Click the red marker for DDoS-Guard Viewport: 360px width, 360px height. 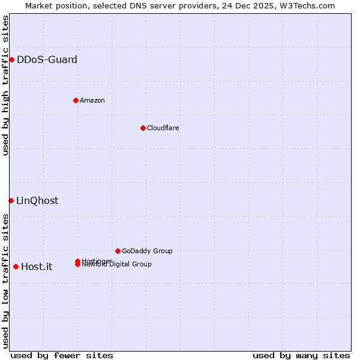coord(11,59)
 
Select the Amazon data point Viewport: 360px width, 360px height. coord(76,100)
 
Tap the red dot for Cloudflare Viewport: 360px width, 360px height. coord(143,128)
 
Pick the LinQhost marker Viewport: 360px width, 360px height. coord(11,200)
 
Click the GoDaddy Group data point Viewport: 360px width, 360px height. coord(118,251)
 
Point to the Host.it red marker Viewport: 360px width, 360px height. coord(16,266)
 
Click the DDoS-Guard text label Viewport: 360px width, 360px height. coord(47,59)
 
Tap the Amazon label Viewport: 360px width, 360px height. coord(92,100)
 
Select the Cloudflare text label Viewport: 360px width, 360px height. coord(163,128)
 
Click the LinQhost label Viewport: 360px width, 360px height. coord(37,200)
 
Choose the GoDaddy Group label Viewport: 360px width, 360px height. coord(147,251)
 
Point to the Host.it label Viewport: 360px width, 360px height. coord(37,266)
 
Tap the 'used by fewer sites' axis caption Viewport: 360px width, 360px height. coord(62,355)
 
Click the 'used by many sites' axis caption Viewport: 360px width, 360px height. coord(301,355)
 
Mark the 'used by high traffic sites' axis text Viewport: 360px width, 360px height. coord(5,85)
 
